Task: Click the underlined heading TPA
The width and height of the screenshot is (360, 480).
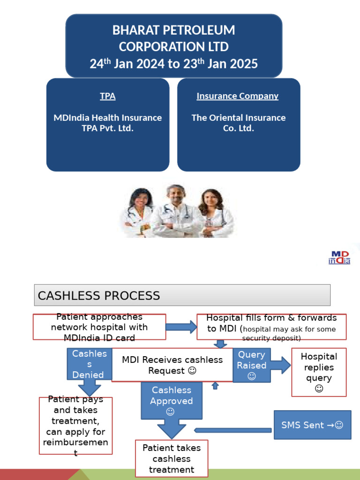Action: tap(107, 96)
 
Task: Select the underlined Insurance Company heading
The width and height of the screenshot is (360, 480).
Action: tap(237, 96)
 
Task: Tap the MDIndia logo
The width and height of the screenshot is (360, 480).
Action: tap(339, 257)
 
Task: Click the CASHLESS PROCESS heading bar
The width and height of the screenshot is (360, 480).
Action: tap(182, 295)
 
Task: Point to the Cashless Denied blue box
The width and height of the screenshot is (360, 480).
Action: tap(89, 364)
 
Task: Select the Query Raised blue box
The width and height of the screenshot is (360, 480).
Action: tap(252, 365)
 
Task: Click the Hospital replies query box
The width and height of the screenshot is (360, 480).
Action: tap(319, 372)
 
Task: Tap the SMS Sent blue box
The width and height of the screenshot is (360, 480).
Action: tap(312, 425)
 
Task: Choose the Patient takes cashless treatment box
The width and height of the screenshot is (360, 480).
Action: tap(172, 458)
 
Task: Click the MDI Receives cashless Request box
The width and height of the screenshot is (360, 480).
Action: tap(172, 365)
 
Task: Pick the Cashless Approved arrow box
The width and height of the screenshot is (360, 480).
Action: tap(172, 401)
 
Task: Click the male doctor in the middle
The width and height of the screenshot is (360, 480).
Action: tap(176, 211)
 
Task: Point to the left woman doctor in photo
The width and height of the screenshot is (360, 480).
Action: tap(139, 213)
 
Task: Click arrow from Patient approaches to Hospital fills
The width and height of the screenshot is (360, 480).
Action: tap(181, 327)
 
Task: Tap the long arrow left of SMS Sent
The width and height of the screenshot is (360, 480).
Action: tap(233, 430)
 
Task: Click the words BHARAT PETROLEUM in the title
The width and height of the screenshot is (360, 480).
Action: tap(173, 30)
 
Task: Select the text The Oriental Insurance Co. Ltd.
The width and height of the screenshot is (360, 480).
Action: tap(238, 123)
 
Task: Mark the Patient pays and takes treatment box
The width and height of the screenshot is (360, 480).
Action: tap(75, 426)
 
